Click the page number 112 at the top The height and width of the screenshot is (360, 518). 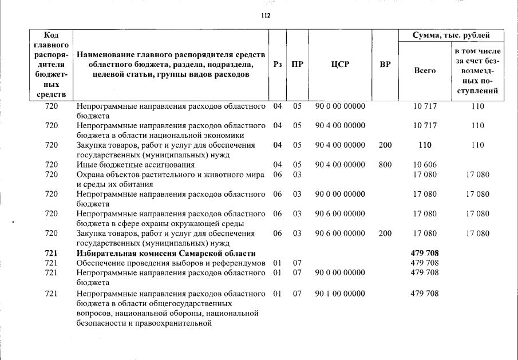(265, 16)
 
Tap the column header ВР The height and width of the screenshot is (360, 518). (385, 65)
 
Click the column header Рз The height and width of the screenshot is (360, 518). (278, 65)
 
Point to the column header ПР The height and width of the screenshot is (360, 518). (297, 65)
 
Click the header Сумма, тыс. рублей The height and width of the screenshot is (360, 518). (451, 35)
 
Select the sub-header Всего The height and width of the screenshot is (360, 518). (425, 70)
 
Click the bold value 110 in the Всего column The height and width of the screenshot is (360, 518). (425, 145)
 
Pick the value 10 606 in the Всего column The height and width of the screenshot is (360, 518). (425, 165)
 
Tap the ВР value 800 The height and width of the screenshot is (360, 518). (385, 165)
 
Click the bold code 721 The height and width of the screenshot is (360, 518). (52, 253)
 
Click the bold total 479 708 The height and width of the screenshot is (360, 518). (425, 253)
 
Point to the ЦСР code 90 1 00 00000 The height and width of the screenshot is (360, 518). (340, 294)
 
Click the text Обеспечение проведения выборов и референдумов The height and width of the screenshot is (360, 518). (171, 263)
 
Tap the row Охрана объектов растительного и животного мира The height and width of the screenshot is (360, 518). (171, 175)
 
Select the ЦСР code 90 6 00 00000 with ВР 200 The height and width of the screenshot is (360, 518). (340, 234)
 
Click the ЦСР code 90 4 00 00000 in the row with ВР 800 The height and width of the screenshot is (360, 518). (340, 165)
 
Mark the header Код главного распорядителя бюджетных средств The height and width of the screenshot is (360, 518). (52, 65)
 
